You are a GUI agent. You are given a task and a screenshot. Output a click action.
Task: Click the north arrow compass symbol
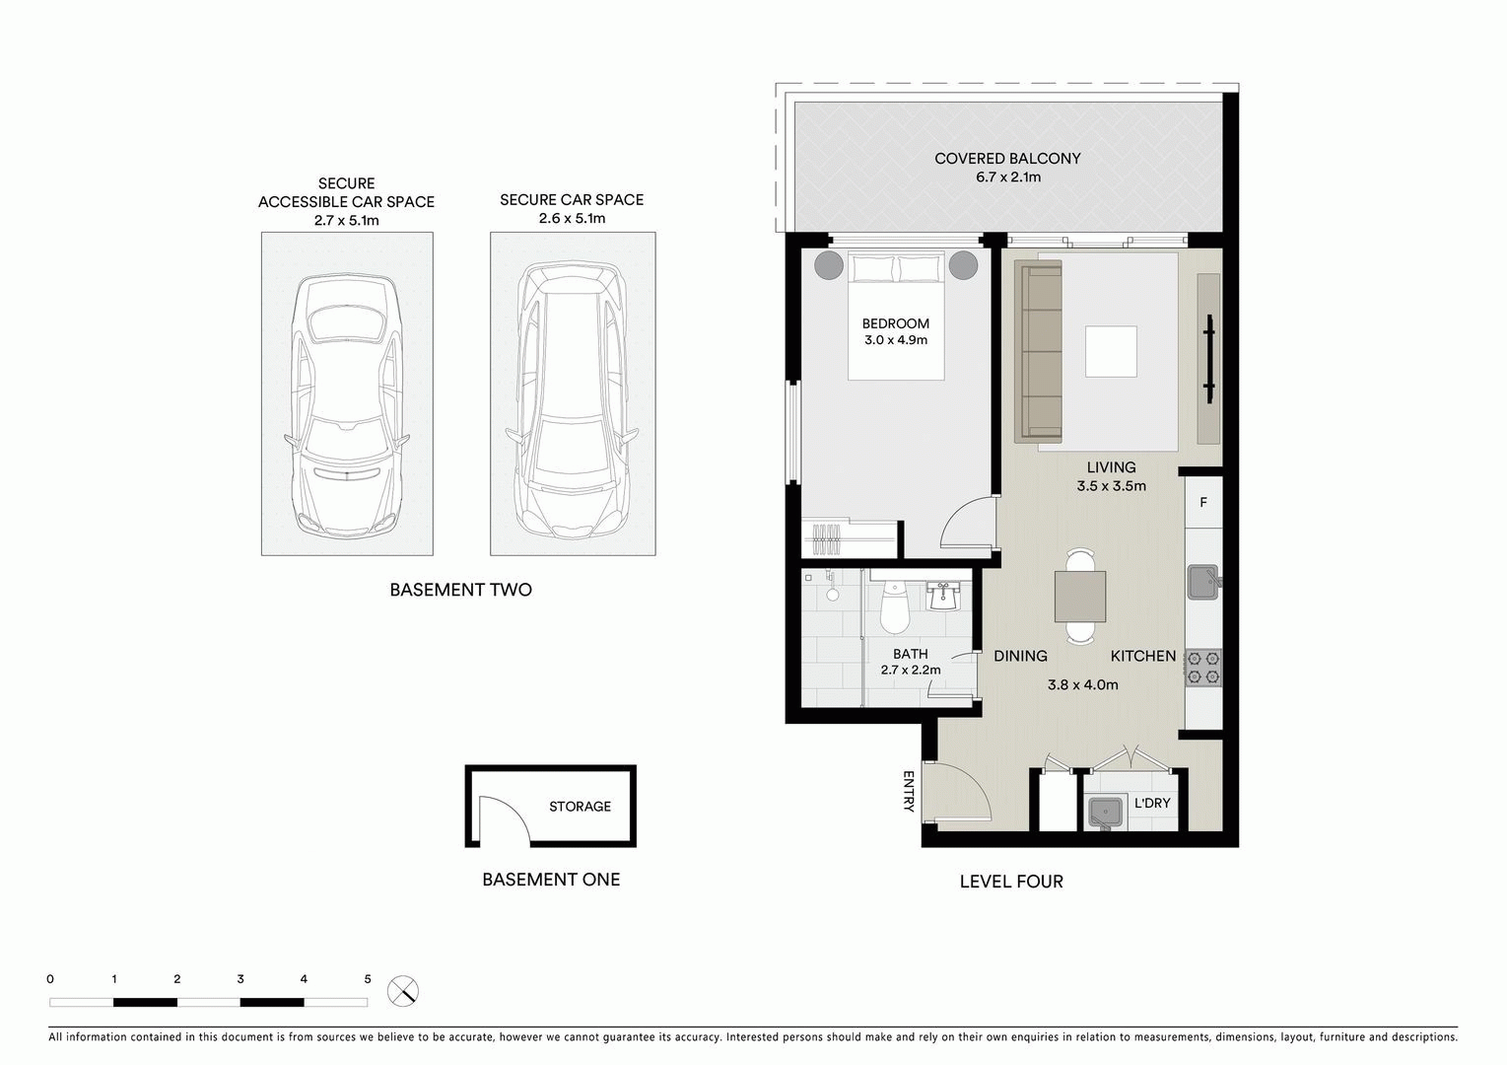(403, 990)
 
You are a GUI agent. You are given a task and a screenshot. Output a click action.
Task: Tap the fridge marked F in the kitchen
(1203, 503)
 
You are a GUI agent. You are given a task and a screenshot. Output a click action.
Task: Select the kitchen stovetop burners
(1203, 668)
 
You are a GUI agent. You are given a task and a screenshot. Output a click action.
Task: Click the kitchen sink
(1201, 582)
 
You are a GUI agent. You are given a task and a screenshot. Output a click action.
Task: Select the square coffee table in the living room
(1111, 352)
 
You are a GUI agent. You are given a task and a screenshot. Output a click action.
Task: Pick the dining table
(1079, 596)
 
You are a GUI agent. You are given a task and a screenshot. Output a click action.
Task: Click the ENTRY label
(908, 792)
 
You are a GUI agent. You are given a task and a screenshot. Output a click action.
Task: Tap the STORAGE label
(580, 807)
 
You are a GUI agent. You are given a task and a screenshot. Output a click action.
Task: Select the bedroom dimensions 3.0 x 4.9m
(895, 340)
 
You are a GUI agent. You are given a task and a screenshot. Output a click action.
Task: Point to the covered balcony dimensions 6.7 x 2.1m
(1007, 177)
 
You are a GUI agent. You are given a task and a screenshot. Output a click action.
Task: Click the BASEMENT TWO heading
(460, 591)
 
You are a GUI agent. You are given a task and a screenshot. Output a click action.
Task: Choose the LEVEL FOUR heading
(1011, 882)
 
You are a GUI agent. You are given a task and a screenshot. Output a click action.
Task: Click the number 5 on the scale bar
(368, 979)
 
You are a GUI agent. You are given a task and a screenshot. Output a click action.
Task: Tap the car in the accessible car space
(346, 404)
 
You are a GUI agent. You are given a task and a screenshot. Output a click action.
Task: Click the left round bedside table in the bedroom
(826, 266)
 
